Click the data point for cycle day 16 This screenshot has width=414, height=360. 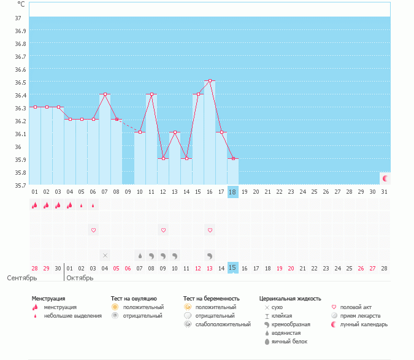[x=210, y=81]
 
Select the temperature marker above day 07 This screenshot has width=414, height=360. [x=105, y=94]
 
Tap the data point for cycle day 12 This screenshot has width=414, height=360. [x=163, y=158]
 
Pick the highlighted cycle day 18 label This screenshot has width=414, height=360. [x=232, y=191]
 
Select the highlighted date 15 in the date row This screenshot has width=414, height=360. [x=232, y=267]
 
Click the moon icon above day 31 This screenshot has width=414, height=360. [x=385, y=178]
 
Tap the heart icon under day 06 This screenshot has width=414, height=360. [x=93, y=230]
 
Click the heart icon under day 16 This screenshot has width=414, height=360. [x=210, y=230]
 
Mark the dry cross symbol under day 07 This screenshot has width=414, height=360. [x=105, y=255]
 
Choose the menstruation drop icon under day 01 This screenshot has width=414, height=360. [x=35, y=205]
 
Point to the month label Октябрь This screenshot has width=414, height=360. [x=80, y=278]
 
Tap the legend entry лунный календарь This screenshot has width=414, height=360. [x=362, y=324]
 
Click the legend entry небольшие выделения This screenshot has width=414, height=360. [x=73, y=315]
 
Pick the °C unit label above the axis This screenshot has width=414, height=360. [x=21, y=4]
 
